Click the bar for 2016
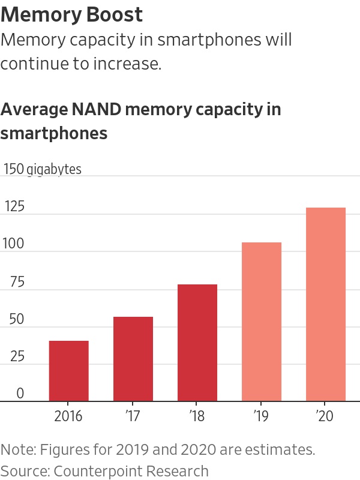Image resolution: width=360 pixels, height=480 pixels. coord(69,371)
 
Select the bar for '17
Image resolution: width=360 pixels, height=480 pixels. coord(133,359)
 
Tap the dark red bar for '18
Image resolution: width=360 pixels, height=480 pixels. coord(197,343)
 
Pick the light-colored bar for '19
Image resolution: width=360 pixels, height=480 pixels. coord(262,322)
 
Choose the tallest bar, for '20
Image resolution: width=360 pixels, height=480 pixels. coord(326,304)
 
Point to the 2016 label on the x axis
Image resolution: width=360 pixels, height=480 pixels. coord(68,416)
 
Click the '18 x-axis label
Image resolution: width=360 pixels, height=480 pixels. coord(197,416)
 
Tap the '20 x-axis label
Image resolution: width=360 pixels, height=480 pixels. coord(325,416)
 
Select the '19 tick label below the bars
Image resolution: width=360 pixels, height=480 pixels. coord(261,416)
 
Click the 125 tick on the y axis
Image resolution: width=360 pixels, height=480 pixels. coord(14,207)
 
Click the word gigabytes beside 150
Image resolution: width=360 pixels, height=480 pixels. coord(54,169)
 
